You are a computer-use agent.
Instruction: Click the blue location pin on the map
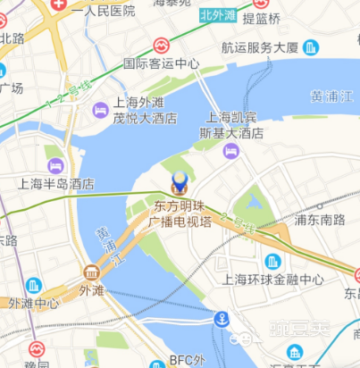coord(180,183)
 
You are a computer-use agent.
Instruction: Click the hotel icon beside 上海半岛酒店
coord(56,165)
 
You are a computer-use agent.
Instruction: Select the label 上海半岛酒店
coord(57,185)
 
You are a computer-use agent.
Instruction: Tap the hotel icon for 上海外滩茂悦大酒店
coord(101,109)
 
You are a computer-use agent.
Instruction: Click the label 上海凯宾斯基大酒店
coord(235,125)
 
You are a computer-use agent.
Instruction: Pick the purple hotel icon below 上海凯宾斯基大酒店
coord(230,151)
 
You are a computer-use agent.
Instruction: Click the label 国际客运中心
coord(161,63)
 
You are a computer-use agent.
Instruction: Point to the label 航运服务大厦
coord(260,48)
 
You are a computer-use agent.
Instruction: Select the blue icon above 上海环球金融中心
coord(272,261)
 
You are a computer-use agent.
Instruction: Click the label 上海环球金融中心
coord(272,280)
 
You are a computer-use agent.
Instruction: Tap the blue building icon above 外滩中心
coord(34,286)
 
